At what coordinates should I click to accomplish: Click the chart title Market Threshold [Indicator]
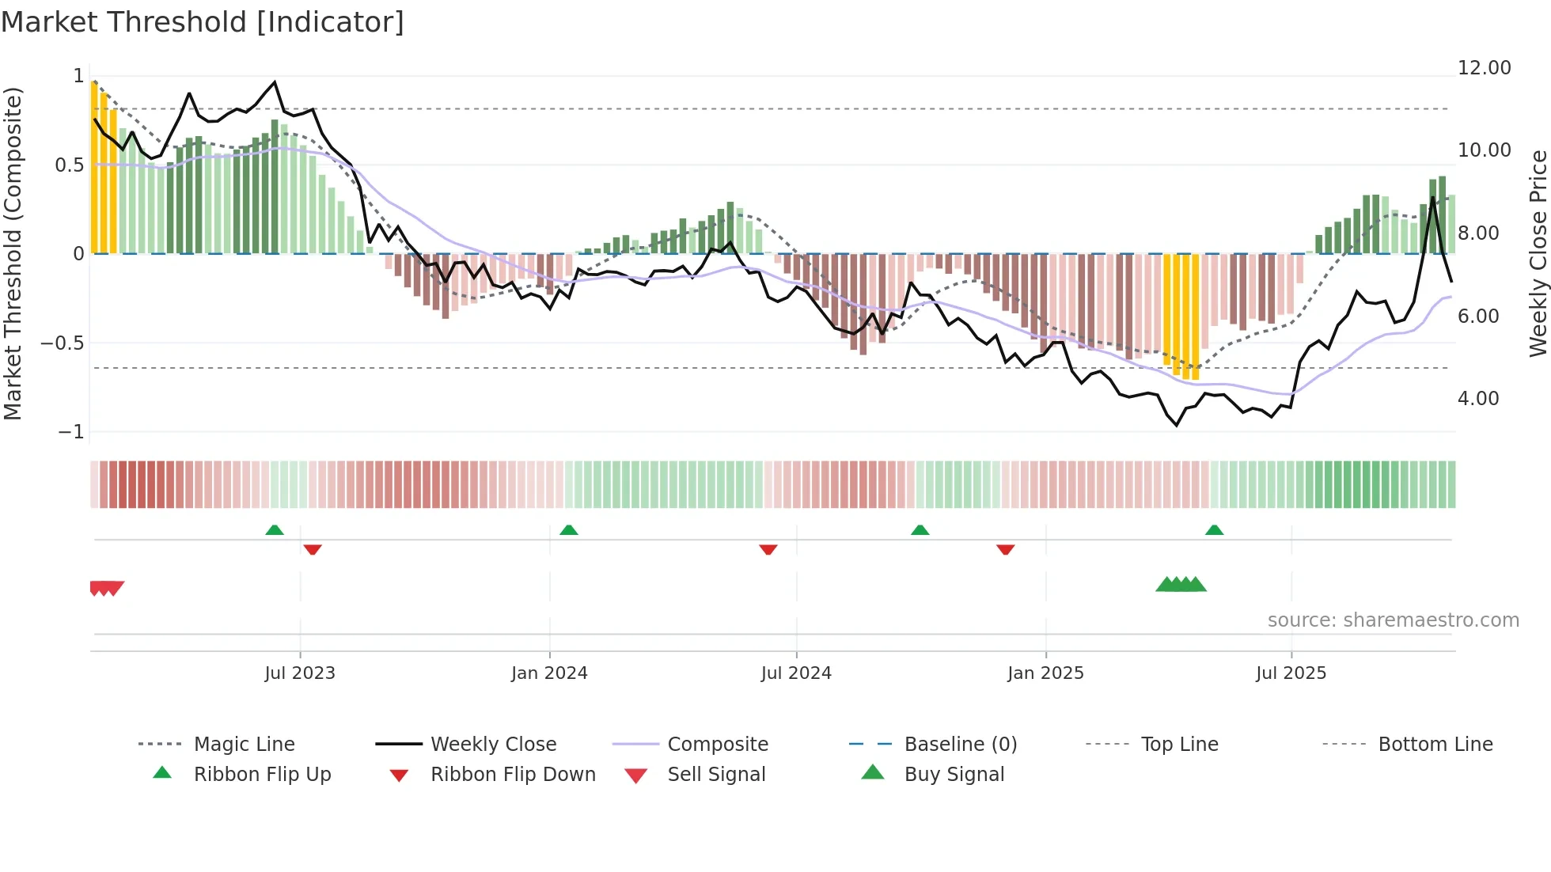point(203,22)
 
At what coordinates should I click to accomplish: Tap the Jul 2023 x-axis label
point(300,673)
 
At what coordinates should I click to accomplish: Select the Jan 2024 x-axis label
point(549,673)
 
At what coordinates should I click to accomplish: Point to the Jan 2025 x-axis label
point(1045,673)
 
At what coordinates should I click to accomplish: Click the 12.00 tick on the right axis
point(1484,68)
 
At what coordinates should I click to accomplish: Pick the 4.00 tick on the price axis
point(1477,399)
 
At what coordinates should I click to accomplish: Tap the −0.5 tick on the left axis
point(63,343)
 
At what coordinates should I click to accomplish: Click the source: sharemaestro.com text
point(1393,620)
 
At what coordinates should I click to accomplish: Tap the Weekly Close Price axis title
point(1538,253)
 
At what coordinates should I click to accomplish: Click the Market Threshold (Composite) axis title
point(13,253)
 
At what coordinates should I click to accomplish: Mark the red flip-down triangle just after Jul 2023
point(313,549)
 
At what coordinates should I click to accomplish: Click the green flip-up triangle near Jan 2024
point(569,529)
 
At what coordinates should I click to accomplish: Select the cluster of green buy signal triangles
point(1181,585)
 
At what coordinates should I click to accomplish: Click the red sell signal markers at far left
point(106,588)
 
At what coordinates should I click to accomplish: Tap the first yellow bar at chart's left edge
point(94,166)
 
